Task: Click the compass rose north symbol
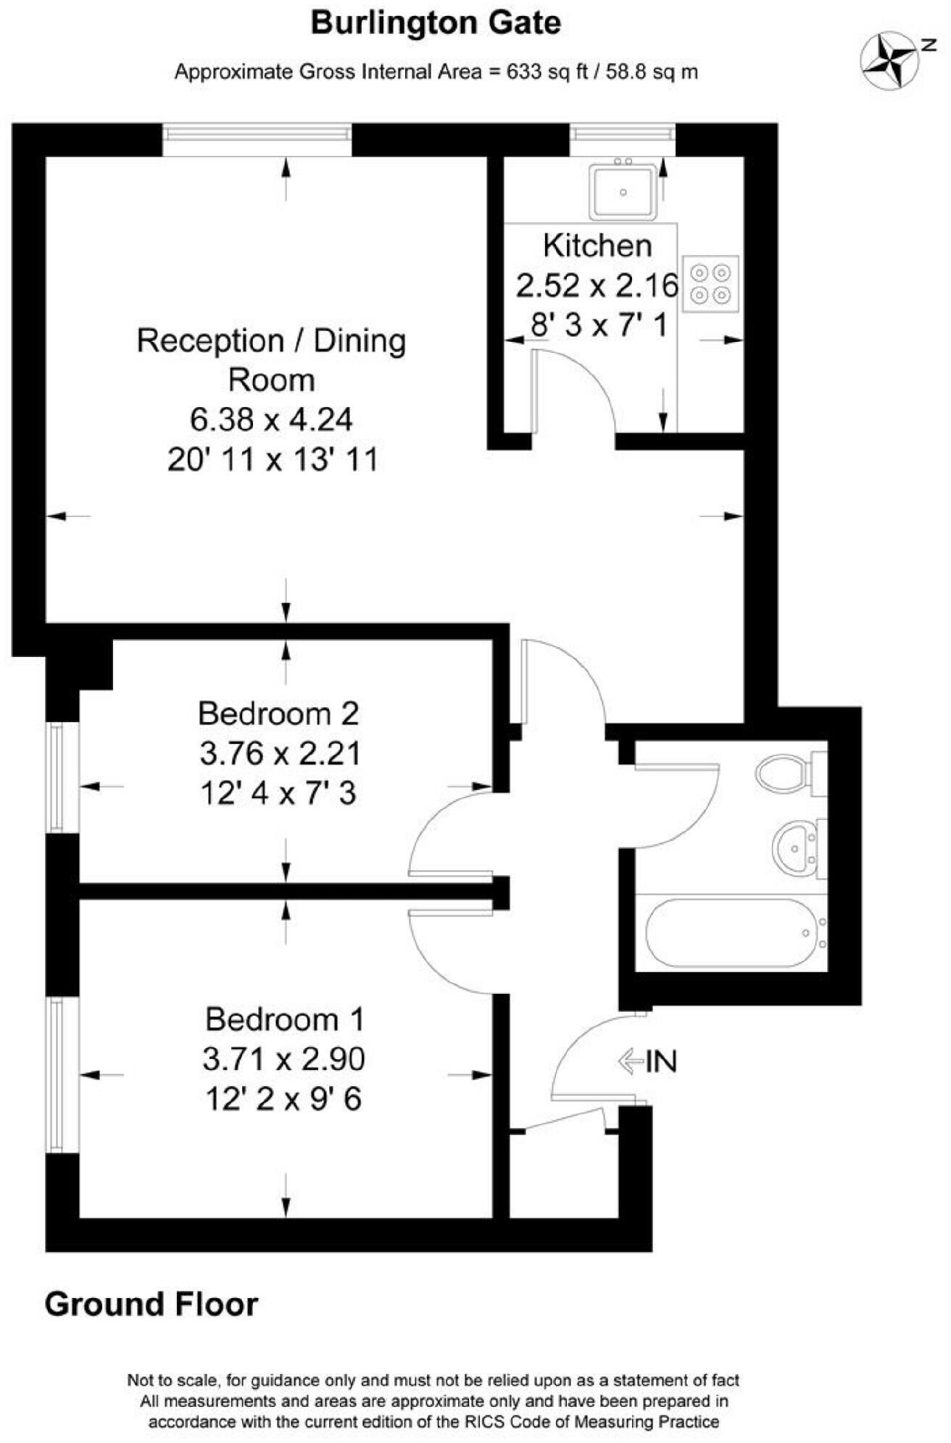[890, 61]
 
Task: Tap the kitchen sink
[623, 192]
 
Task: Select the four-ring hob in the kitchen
[710, 284]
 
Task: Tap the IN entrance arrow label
[647, 1062]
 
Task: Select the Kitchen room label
[597, 246]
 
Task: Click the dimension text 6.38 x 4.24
[271, 419]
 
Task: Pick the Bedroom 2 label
[278, 714]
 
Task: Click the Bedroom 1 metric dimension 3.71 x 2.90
[283, 1060]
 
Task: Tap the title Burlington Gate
[436, 23]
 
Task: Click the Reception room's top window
[257, 133]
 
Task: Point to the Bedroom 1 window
[56, 1074]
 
